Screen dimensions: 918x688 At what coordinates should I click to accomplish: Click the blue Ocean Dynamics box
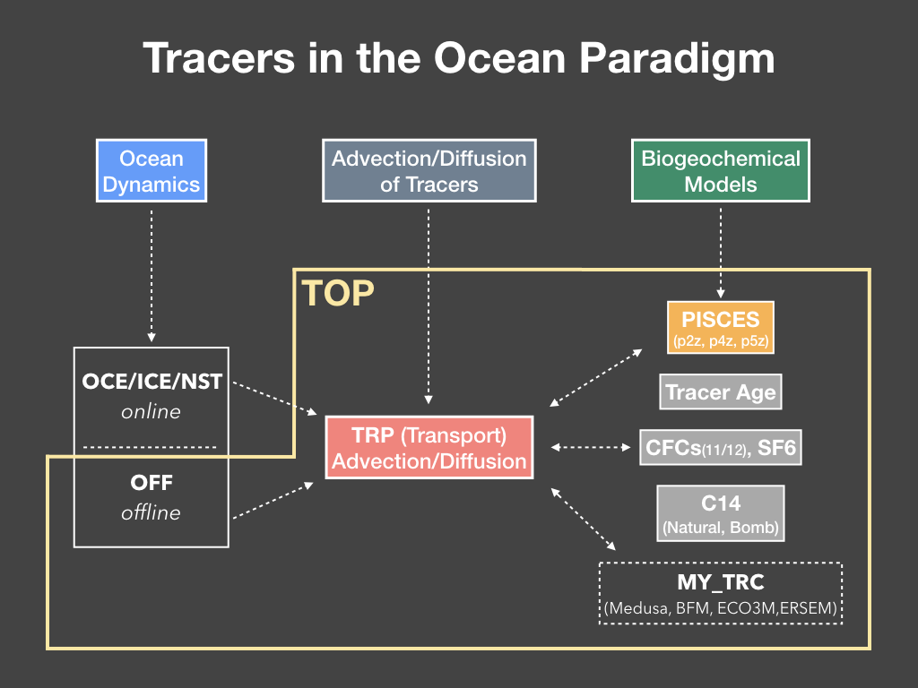(151, 171)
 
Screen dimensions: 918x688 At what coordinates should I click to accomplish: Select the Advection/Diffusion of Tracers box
(429, 171)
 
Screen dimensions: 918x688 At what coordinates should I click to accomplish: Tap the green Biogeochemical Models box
(721, 171)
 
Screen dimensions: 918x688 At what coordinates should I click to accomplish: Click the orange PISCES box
(721, 328)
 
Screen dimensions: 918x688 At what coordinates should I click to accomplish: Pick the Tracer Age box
(721, 392)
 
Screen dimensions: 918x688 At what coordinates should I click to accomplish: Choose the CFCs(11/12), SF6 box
(721, 448)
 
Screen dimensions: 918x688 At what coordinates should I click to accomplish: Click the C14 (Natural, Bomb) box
(721, 513)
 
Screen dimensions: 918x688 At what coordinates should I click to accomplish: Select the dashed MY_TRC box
(721, 593)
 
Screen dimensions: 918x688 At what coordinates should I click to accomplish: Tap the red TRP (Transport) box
(429, 448)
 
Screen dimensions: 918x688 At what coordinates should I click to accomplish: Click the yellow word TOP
(338, 293)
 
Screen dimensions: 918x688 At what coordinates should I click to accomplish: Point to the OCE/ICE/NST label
(152, 382)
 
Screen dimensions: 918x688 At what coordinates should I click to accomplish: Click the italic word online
(151, 412)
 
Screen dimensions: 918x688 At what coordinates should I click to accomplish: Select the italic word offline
(151, 512)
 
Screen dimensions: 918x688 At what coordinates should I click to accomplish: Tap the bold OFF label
(152, 483)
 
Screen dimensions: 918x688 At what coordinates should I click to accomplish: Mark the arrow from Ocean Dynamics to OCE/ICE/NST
(152, 276)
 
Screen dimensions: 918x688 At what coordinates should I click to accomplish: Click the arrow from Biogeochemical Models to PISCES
(721, 254)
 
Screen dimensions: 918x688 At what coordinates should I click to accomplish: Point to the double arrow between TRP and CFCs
(591, 448)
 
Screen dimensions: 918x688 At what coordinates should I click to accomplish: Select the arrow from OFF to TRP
(273, 500)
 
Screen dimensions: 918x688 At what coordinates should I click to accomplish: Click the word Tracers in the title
(219, 58)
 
